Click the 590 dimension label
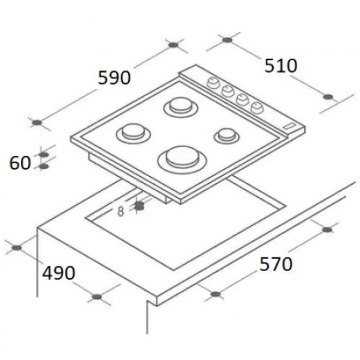click(x=114, y=78)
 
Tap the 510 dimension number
click(x=281, y=66)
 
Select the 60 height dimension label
click(x=20, y=163)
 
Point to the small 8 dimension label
click(x=120, y=211)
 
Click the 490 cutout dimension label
click(x=58, y=273)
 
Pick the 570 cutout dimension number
click(x=276, y=264)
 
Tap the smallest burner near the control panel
click(x=226, y=136)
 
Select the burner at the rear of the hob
click(x=181, y=107)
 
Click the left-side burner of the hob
click(x=133, y=134)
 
